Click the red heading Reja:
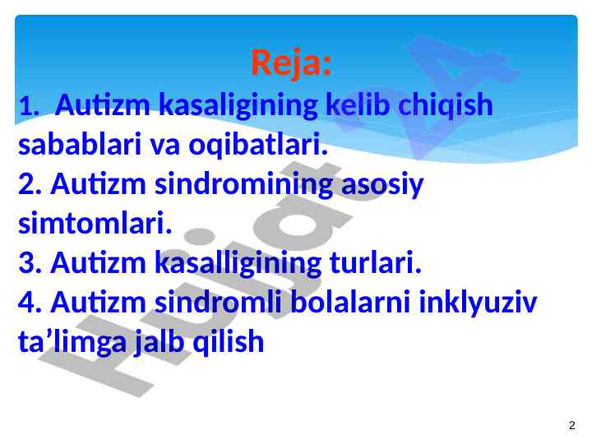click(x=291, y=62)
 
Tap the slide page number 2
click(x=572, y=425)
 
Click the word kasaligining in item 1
click(x=238, y=105)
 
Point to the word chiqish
click(x=446, y=105)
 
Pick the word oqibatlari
click(x=258, y=145)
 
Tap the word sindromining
click(x=244, y=184)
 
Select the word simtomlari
click(x=95, y=223)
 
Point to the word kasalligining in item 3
click(x=238, y=263)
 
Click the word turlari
click(x=375, y=263)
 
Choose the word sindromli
click(x=219, y=302)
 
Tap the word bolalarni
click(x=351, y=302)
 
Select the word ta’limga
click(x=72, y=342)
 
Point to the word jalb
click(x=160, y=342)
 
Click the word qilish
click(x=229, y=342)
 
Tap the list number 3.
click(x=30, y=263)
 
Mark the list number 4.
click(x=30, y=303)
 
